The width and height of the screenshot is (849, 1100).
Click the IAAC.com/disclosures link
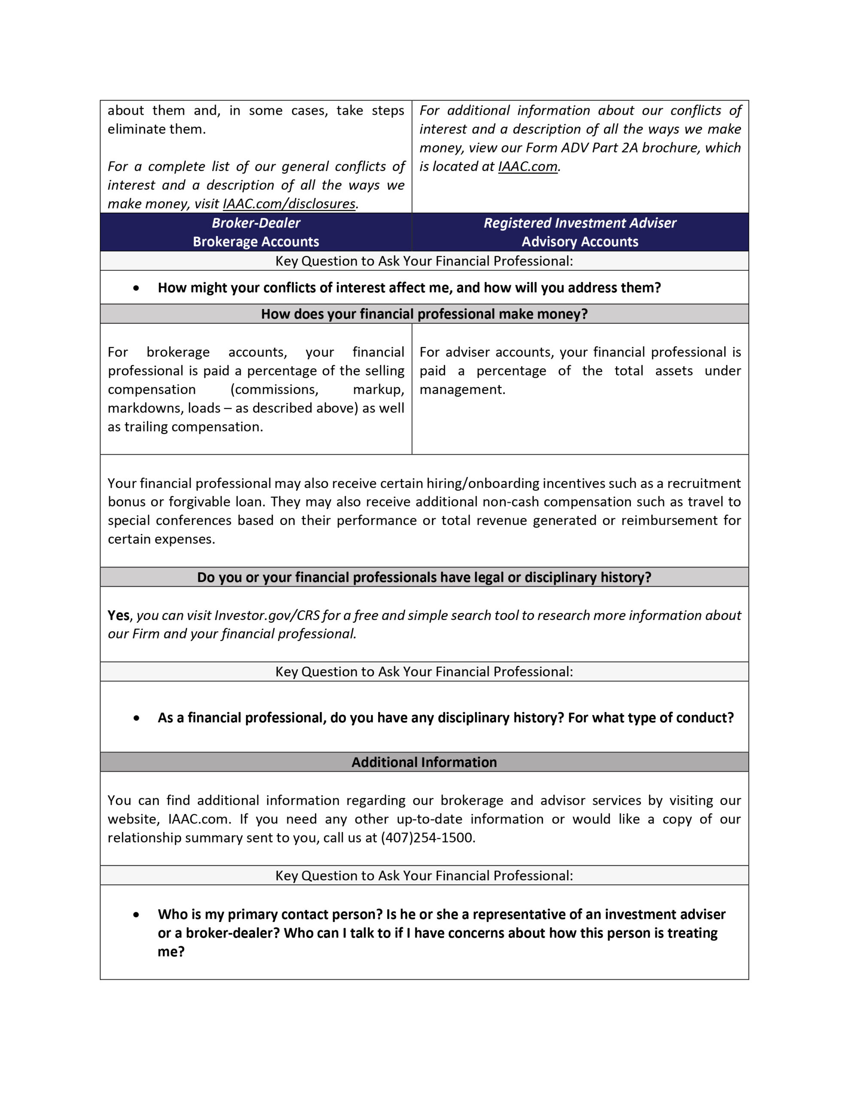tap(289, 204)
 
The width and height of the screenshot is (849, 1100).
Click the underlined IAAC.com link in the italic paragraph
tap(528, 167)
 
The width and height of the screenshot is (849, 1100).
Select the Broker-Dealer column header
tap(256, 223)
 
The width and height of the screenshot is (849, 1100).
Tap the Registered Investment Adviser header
tap(580, 223)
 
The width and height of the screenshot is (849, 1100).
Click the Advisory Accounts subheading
tap(580, 242)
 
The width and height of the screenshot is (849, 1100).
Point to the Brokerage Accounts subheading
tap(256, 242)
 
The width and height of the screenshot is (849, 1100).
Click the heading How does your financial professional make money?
tap(424, 314)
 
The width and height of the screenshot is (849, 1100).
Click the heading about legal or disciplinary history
tap(424, 577)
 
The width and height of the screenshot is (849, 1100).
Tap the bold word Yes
tap(118, 615)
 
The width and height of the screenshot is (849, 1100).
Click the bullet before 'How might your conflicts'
tap(136, 288)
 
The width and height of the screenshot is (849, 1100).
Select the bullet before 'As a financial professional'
tap(136, 718)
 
